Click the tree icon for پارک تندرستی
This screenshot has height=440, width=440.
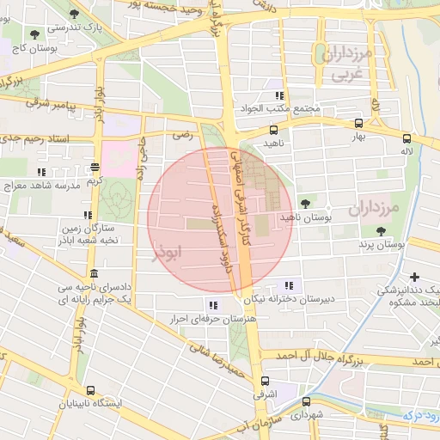[74, 14]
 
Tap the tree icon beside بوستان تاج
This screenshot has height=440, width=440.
[34, 35]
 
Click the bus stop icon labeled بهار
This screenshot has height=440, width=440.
[358, 123]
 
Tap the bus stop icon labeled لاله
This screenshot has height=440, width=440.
[406, 137]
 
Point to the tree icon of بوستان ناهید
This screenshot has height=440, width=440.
[307, 204]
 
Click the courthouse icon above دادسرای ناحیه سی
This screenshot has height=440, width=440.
[93, 273]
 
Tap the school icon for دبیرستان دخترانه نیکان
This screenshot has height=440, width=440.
[288, 286]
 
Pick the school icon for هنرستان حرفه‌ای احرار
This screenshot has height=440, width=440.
[212, 305]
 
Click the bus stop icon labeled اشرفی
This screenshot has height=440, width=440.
[264, 380]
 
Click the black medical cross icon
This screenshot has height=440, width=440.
[416, 277]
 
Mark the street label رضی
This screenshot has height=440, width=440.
[182, 135]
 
